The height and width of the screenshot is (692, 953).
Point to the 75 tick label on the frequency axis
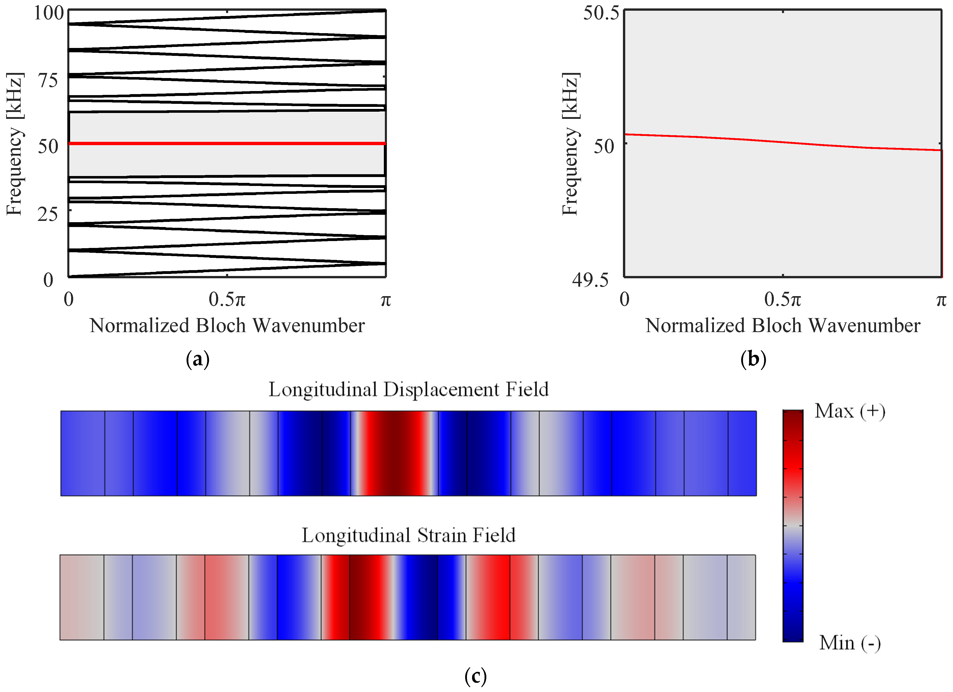48,80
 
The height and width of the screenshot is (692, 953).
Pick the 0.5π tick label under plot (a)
227,300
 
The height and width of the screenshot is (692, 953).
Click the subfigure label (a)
198,359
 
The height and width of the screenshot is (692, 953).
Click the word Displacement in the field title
443,390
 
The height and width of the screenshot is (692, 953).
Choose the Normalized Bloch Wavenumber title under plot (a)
227,326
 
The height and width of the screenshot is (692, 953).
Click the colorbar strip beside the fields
792,525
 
